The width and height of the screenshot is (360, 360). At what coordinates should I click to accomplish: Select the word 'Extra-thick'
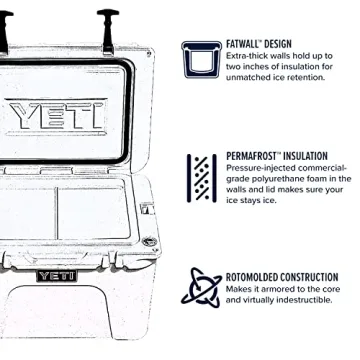click(x=247, y=57)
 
